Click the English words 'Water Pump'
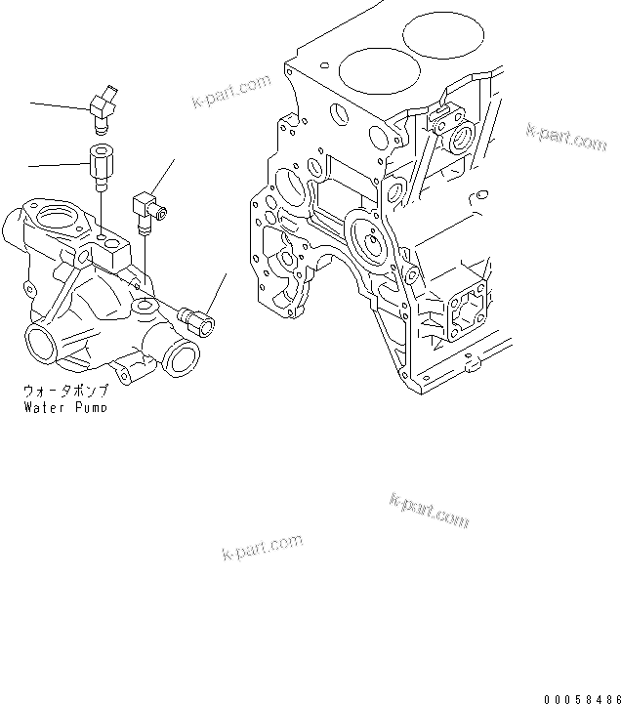point(65,405)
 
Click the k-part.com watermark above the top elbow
point(231,91)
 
